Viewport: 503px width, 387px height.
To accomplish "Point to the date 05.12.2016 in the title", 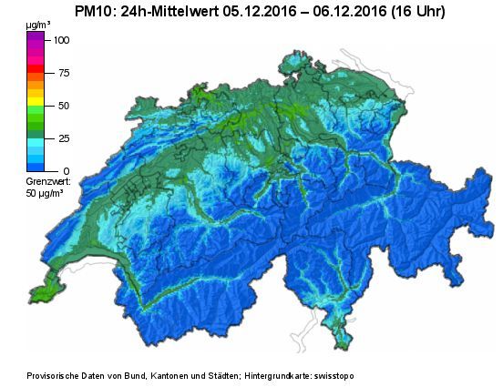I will point(264,11).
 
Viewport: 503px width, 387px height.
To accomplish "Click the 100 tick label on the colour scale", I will point(61,40).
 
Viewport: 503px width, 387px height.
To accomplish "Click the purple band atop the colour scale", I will point(36,37).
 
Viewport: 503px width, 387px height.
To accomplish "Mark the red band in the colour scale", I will point(36,69).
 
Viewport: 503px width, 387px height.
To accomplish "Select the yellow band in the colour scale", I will point(36,92).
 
